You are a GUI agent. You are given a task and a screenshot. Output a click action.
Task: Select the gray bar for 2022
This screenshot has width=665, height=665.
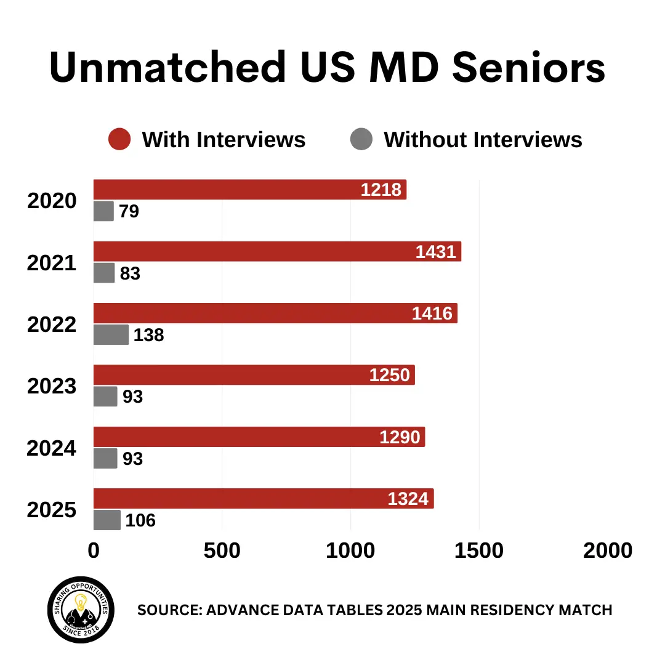tap(111, 335)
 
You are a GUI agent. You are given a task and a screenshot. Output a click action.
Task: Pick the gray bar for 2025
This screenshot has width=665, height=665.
tap(107, 520)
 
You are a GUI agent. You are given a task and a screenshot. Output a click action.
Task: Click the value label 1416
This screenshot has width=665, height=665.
tap(432, 313)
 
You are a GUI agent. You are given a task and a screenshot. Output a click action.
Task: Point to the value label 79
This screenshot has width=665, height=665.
tap(129, 212)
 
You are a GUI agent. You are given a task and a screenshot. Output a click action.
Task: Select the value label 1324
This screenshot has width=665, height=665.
tap(408, 499)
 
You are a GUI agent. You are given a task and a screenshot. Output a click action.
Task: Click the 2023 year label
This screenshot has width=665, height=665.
tap(52, 387)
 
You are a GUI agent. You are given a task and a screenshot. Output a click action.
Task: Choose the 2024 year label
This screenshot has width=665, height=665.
tap(52, 448)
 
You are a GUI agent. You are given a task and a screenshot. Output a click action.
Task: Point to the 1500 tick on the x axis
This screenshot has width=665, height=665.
tap(478, 551)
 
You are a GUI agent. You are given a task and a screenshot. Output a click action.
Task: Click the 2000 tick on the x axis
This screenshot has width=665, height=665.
tap(607, 551)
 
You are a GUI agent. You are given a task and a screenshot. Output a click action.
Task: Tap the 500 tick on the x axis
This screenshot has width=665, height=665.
tap(222, 551)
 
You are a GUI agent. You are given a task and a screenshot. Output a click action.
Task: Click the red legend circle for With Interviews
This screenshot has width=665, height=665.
tap(119, 139)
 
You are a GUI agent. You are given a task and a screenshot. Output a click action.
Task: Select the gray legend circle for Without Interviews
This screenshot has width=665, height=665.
tap(361, 139)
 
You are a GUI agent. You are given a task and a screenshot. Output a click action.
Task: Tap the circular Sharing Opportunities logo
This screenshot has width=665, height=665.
tap(81, 610)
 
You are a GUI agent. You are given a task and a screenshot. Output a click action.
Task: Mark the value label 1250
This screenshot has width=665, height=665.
tap(389, 375)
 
